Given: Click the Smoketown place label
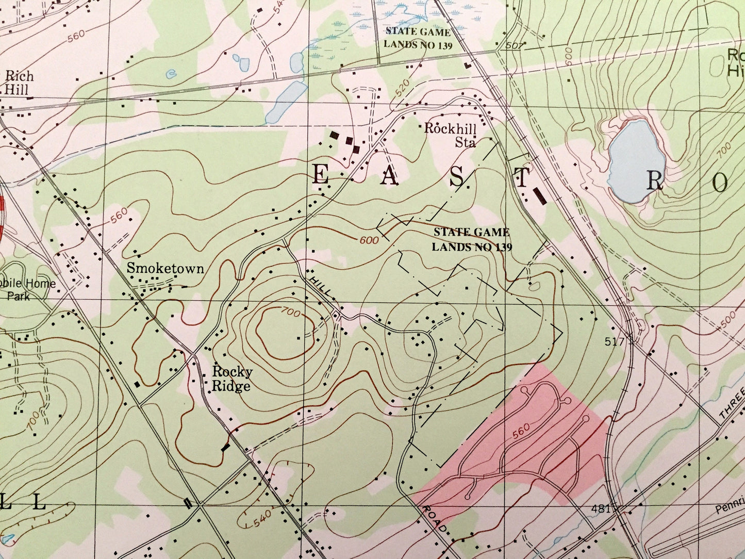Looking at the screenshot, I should [x=165, y=268].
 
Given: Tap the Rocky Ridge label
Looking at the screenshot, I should [x=232, y=379].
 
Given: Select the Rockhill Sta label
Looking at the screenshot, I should [x=450, y=135].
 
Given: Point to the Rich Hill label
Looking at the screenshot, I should [x=19, y=83].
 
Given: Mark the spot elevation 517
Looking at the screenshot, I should [x=615, y=341].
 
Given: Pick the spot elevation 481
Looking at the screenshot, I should [x=601, y=509].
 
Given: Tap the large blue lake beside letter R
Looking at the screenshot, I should [x=634, y=161].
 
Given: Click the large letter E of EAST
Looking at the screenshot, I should [x=321, y=176].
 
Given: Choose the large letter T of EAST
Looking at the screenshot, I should [x=521, y=178].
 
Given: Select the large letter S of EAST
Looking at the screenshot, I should [x=457, y=177].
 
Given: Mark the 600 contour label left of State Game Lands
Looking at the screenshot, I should [x=369, y=240].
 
